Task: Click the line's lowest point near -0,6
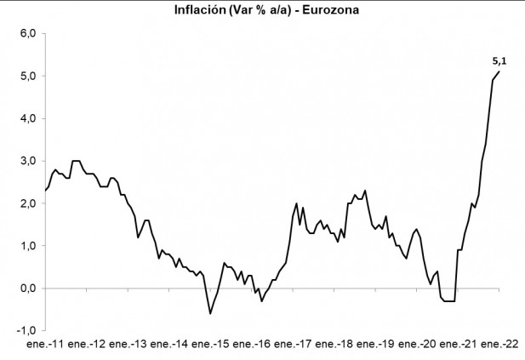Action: (210, 313)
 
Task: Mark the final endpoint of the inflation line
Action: (499, 71)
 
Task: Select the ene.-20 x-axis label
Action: (421, 345)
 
